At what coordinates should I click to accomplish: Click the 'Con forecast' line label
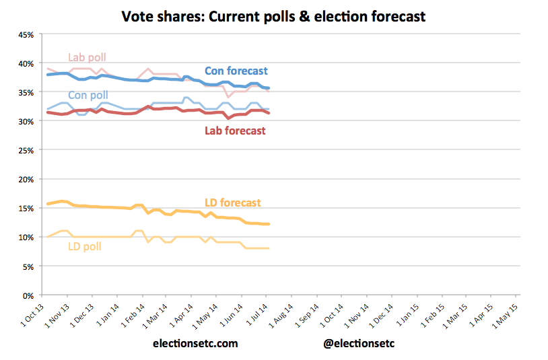pos(236,71)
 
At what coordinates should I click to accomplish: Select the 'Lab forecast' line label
pos(235,131)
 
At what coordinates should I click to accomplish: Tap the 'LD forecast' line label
pos(232,203)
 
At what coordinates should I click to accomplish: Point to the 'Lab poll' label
pos(88,57)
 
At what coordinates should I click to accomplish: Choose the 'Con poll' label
pos(88,96)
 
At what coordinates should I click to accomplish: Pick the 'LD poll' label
pos(85,246)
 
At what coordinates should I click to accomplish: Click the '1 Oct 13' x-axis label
pos(30,312)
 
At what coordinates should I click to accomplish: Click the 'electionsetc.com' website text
pos(195,343)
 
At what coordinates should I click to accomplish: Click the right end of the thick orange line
pos(269,224)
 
